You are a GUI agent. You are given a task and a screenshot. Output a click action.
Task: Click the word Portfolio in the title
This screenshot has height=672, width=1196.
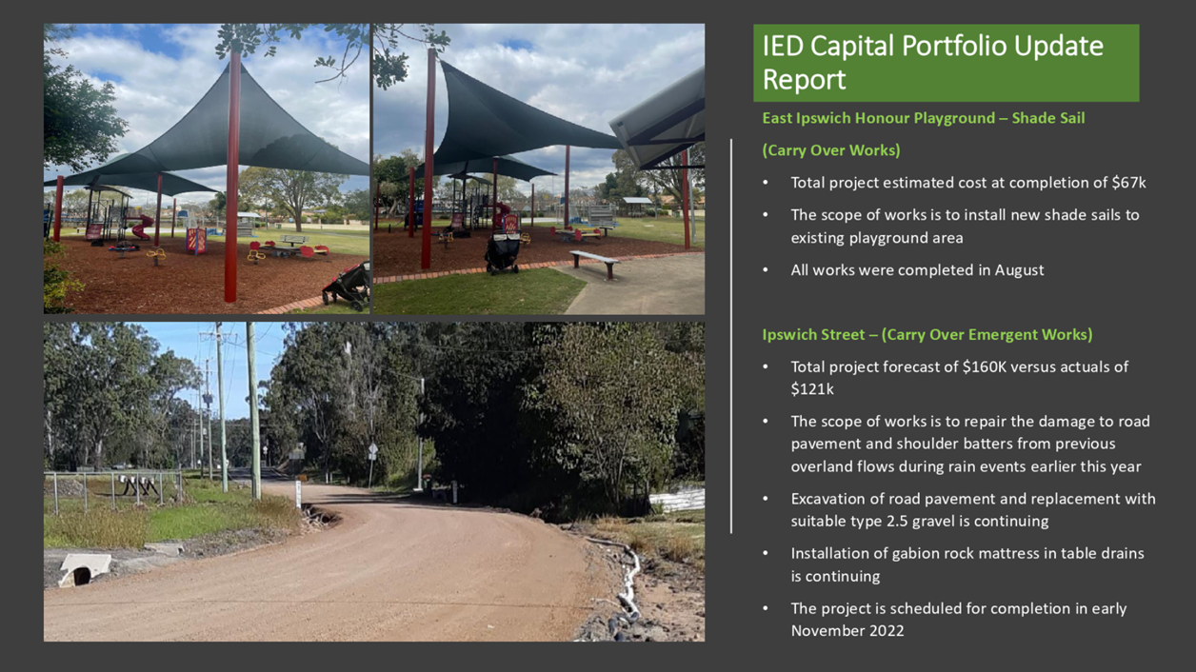click(x=954, y=46)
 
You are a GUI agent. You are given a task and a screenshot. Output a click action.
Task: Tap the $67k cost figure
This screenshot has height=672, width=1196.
click(x=1128, y=183)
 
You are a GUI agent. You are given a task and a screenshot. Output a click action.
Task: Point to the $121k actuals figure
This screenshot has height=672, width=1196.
click(x=812, y=389)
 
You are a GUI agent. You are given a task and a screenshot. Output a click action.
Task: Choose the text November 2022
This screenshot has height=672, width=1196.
click(x=847, y=631)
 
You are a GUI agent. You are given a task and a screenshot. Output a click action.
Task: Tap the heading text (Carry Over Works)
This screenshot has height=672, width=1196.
click(x=831, y=150)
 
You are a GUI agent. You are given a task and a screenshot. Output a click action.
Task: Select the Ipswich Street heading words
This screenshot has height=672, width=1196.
click(x=813, y=335)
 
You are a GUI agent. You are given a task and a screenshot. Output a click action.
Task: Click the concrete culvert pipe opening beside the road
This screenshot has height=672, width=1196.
click(x=82, y=576)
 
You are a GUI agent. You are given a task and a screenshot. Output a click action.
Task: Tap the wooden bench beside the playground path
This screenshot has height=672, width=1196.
click(x=595, y=264)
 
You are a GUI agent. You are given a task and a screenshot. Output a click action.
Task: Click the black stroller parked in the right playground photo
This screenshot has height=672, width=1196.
click(x=502, y=252)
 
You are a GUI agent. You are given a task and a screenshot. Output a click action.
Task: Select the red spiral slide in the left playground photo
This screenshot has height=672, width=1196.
click(x=142, y=227)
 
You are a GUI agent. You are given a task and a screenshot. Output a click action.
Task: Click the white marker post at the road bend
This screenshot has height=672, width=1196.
click(x=298, y=494)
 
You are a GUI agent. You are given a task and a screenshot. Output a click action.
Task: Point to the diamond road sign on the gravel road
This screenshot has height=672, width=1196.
click(x=372, y=449)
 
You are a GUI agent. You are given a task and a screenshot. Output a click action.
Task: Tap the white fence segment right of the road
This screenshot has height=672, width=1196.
click(x=677, y=501)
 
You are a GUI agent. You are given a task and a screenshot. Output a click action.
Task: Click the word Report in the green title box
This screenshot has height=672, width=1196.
click(x=804, y=80)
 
